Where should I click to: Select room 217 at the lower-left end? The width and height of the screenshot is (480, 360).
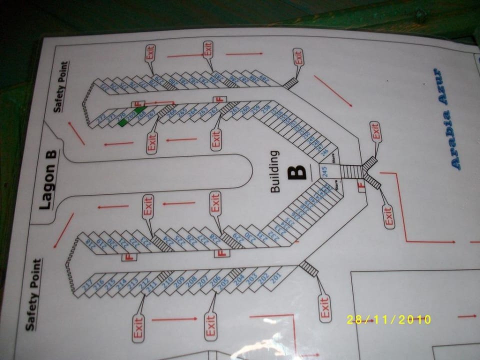point(87,286)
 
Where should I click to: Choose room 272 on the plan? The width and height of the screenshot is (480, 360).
point(101,118)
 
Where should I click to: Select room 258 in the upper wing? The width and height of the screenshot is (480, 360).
point(266,107)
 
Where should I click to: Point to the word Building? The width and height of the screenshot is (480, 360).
point(275,172)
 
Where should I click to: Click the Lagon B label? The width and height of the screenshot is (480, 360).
point(48,182)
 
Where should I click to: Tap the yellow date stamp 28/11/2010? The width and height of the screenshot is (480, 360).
point(389,319)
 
